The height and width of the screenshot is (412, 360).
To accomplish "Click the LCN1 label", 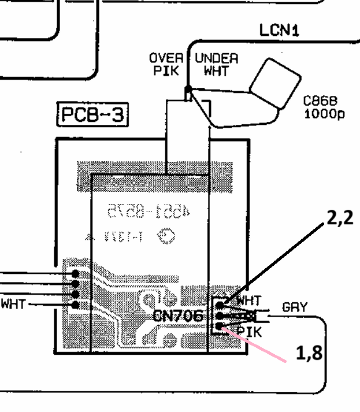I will tap(280, 30).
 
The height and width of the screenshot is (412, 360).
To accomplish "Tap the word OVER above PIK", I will tap(166, 58).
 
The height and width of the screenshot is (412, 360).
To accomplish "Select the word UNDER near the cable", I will tap(216, 58).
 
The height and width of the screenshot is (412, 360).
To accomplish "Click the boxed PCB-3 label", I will tap(92, 115).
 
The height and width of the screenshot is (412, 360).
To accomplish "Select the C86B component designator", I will tap(320, 101).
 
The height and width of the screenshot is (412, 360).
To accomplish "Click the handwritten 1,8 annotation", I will tap(309, 354).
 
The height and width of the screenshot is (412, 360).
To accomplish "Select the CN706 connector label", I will tap(178, 316).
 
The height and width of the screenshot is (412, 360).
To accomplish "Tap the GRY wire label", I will tap(295, 307).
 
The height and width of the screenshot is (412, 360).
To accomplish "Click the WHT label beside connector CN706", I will tap(248, 300).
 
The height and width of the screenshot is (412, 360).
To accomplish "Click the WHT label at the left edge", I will tap(13, 303).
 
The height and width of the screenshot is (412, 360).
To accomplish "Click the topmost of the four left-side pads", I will tap(75, 273).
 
